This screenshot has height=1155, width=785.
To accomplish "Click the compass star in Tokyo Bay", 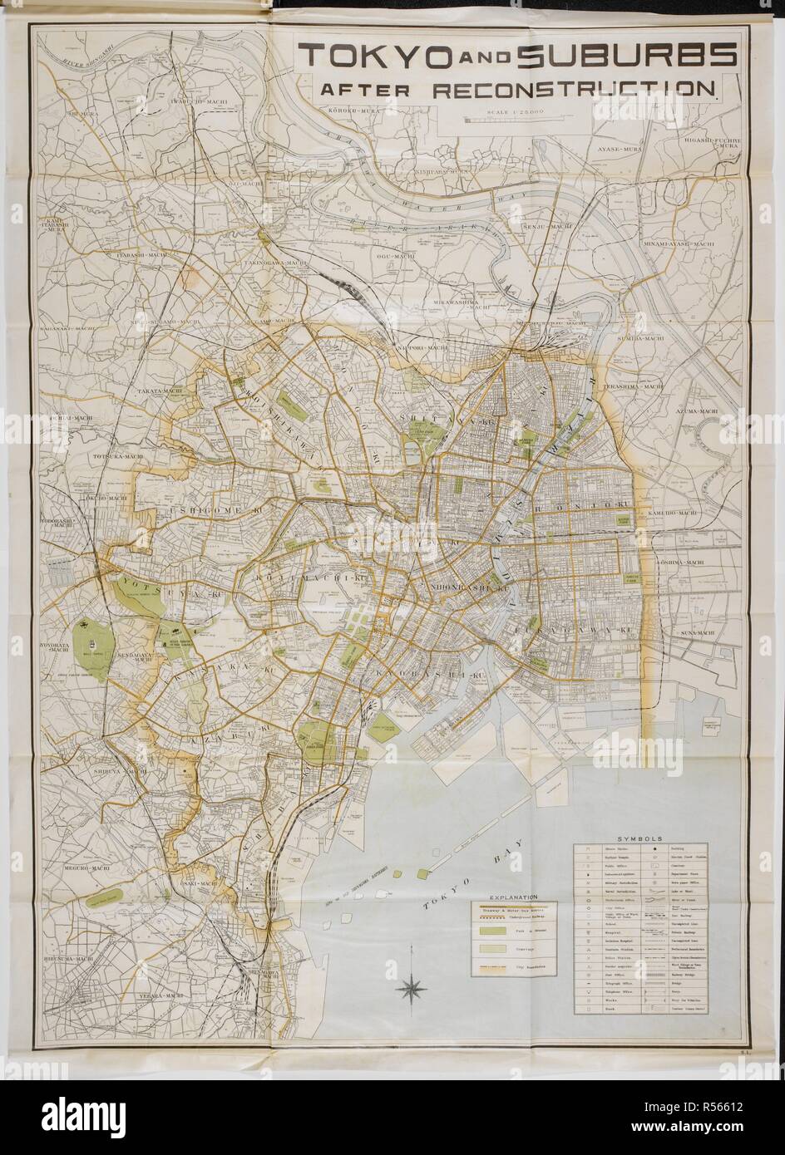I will [x=412, y=987].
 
